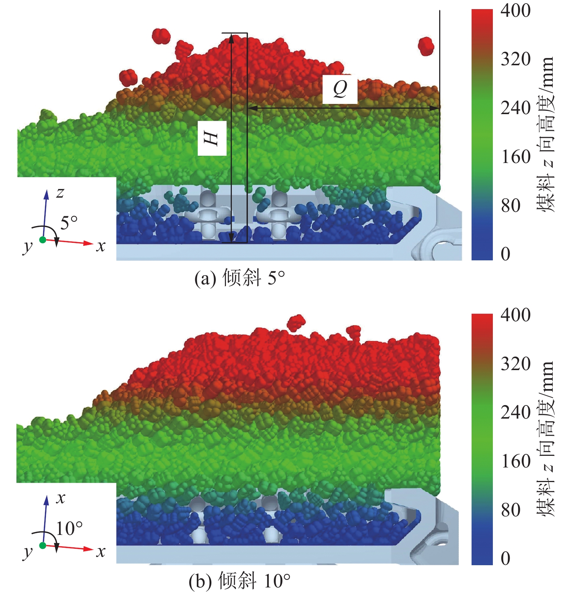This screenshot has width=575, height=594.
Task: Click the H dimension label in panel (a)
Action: (x=212, y=139)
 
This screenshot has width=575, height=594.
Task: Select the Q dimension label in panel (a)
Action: (x=340, y=89)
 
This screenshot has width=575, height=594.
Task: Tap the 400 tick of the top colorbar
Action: (x=515, y=11)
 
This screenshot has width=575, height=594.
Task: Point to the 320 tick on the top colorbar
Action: (x=515, y=59)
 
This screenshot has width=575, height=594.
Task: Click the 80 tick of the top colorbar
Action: (x=510, y=206)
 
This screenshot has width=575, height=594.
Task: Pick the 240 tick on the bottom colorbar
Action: (x=515, y=413)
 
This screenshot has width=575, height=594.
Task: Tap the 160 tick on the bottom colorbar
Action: (x=515, y=462)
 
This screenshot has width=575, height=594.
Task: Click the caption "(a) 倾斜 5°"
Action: (x=239, y=278)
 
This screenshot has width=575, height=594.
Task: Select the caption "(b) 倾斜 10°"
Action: (x=239, y=581)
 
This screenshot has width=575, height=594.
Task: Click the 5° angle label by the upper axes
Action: (x=69, y=223)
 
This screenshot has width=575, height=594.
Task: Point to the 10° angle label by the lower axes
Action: (x=69, y=528)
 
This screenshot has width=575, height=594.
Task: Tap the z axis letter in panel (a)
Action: (x=60, y=192)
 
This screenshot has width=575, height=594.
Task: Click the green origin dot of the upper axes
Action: (x=43, y=240)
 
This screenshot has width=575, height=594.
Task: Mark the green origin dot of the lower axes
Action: (x=43, y=546)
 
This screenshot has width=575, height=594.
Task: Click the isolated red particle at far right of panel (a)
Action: (x=426, y=46)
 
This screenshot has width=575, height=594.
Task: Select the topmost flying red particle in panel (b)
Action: (x=296, y=322)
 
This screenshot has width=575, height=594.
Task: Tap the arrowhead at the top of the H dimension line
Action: (x=231, y=37)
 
